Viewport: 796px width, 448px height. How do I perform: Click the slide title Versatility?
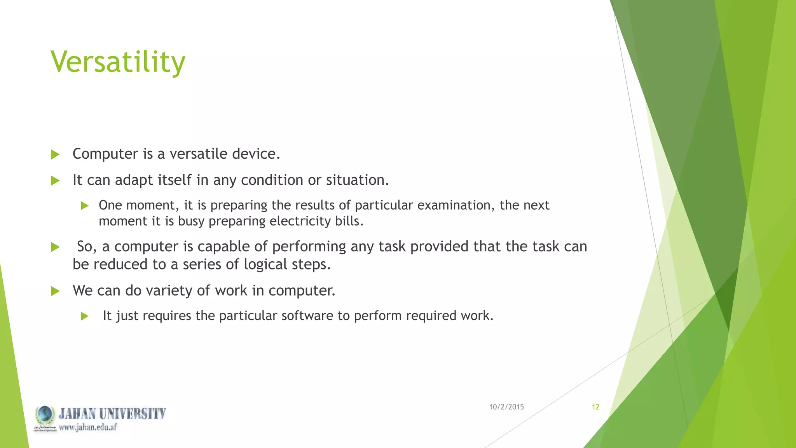(118, 62)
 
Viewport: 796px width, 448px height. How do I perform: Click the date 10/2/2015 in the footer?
(506, 407)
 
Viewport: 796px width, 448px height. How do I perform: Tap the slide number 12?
(595, 407)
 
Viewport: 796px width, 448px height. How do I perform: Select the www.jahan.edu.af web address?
(88, 427)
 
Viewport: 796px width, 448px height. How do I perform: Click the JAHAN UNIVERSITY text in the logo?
(112, 413)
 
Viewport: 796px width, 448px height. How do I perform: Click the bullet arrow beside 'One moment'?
(85, 206)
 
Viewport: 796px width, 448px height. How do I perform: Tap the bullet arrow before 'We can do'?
(55, 291)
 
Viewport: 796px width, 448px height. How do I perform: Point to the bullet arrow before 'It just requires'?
(85, 316)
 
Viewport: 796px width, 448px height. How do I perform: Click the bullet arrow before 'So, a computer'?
(55, 247)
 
